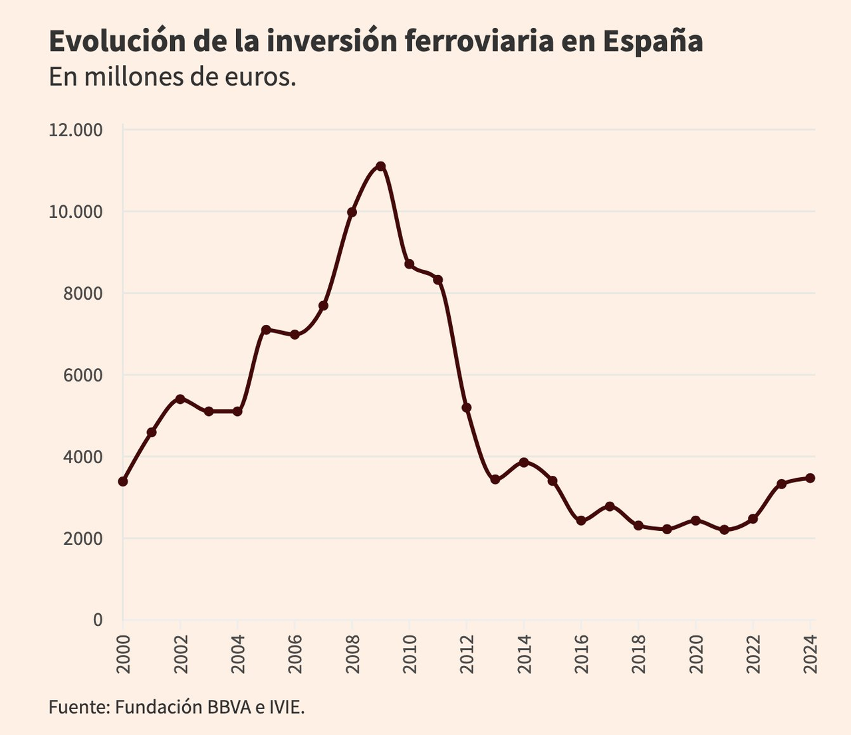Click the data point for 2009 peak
[380, 166]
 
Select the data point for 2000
[123, 481]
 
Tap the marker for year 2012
[466, 407]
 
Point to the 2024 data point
[810, 478]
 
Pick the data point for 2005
[266, 330]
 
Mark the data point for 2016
[581, 520]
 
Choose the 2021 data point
[724, 530]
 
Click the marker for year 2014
[524, 462]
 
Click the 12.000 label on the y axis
[76, 130]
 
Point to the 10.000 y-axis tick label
[76, 212]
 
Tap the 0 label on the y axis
[98, 620]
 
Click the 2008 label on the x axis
[352, 654]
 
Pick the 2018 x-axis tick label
[639, 654]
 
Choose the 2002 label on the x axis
[180, 654]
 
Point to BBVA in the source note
[229, 706]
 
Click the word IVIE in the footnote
[287, 706]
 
